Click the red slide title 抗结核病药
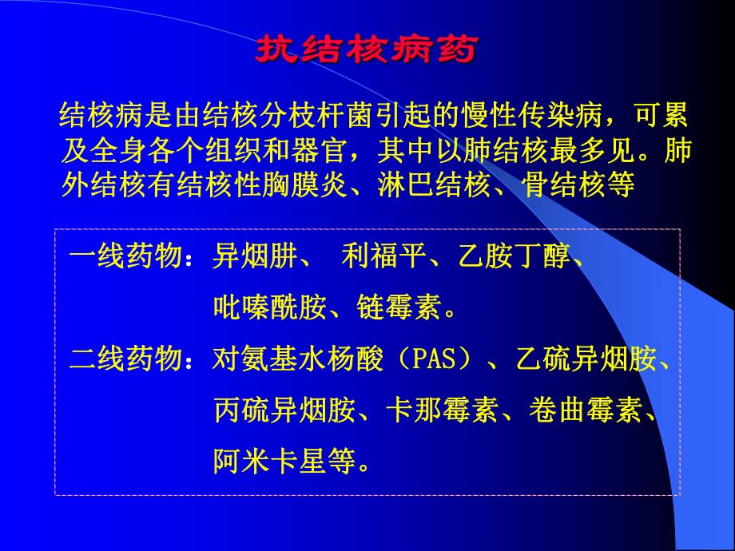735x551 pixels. tap(365, 50)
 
